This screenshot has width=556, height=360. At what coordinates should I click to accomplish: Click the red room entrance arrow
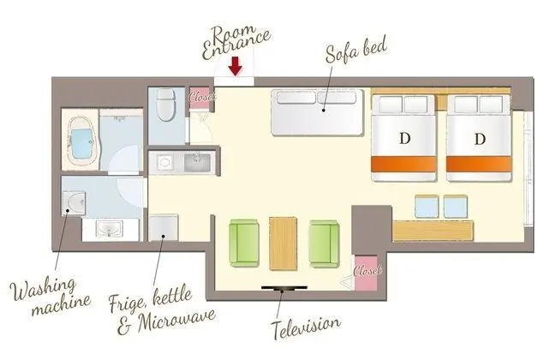(235, 66)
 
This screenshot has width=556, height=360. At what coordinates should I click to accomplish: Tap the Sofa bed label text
(356, 51)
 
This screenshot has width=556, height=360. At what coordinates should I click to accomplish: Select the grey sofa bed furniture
(318, 112)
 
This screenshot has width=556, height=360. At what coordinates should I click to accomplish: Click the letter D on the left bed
(404, 138)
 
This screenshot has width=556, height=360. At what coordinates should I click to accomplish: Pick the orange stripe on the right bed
(479, 165)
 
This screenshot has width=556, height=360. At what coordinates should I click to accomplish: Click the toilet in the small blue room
(165, 105)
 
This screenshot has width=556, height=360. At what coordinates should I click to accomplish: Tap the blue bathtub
(83, 143)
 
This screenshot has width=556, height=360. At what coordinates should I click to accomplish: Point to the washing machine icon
(74, 203)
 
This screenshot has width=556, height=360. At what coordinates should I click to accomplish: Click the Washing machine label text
(51, 297)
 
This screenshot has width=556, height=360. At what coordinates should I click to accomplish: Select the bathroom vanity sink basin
(111, 229)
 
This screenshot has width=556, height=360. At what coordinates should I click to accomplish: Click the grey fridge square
(163, 227)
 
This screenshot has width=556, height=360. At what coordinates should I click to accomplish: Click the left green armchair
(244, 243)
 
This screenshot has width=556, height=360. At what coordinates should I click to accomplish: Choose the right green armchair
(324, 243)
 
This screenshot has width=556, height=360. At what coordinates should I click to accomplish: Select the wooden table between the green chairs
(283, 243)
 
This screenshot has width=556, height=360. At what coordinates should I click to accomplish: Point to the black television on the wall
(284, 288)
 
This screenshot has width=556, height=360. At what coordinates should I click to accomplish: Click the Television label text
(306, 327)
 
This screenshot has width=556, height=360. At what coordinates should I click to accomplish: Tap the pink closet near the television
(366, 273)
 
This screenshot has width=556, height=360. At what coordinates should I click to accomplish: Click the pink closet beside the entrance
(200, 96)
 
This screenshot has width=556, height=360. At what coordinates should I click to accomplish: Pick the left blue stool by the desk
(427, 206)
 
